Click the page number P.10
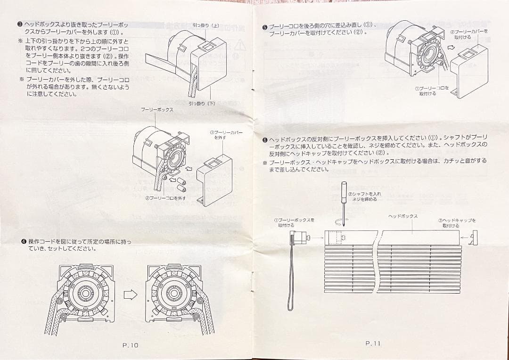pyautogui.click(x=130, y=345)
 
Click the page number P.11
pyautogui.click(x=372, y=344)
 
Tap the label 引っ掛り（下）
pyautogui.click(x=202, y=103)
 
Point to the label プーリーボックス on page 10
pyautogui.click(x=157, y=109)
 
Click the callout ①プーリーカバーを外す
pyautogui.click(x=226, y=135)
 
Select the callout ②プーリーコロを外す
pyautogui.click(x=165, y=198)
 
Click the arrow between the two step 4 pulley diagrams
pyautogui.click(x=130, y=295)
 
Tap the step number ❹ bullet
pyautogui.click(x=23, y=241)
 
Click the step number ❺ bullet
pyautogui.click(x=265, y=27)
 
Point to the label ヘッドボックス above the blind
pyautogui.click(x=402, y=216)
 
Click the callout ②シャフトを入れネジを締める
pyautogui.click(x=364, y=196)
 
